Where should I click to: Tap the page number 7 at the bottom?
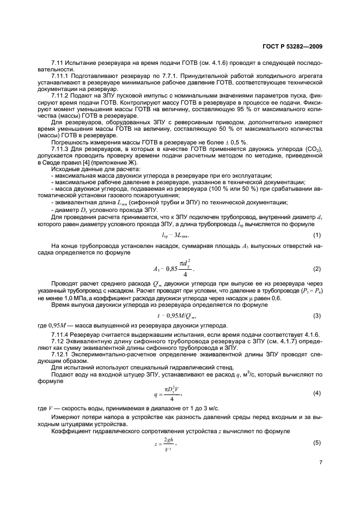click(x=321, y=462)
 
